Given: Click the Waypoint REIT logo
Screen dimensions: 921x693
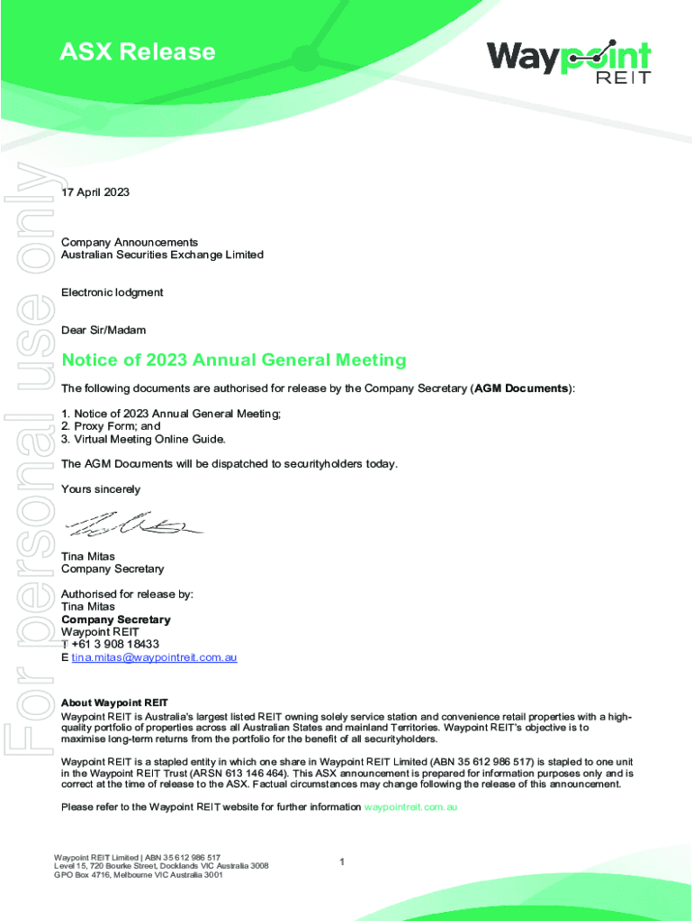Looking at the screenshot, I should [568, 61].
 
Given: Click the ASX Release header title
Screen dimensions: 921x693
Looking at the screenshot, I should [138, 52].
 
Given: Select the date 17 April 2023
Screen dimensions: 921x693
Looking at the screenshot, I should [95, 192].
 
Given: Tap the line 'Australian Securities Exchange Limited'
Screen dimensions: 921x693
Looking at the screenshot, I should [162, 255].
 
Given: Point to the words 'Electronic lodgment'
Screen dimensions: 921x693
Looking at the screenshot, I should [112, 292].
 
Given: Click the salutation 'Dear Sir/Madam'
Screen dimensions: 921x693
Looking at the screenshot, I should [103, 330].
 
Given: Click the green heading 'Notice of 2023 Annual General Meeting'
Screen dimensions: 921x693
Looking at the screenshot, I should [233, 361].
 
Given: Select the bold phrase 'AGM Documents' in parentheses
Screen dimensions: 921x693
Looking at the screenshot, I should [521, 389].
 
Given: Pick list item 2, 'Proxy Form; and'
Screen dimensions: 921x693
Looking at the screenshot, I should [111, 426].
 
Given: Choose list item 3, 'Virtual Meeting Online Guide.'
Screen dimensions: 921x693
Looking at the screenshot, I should [143, 439].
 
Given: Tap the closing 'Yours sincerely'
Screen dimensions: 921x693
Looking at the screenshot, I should [101, 489].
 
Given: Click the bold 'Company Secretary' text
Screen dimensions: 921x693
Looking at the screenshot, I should [115, 620].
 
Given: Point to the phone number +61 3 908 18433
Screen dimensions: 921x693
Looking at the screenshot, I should [115, 644].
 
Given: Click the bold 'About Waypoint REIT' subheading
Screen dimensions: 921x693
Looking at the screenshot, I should [114, 702].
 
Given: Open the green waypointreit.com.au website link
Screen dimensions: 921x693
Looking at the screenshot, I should [410, 807].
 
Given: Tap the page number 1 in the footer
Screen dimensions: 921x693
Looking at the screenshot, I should [342, 863].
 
